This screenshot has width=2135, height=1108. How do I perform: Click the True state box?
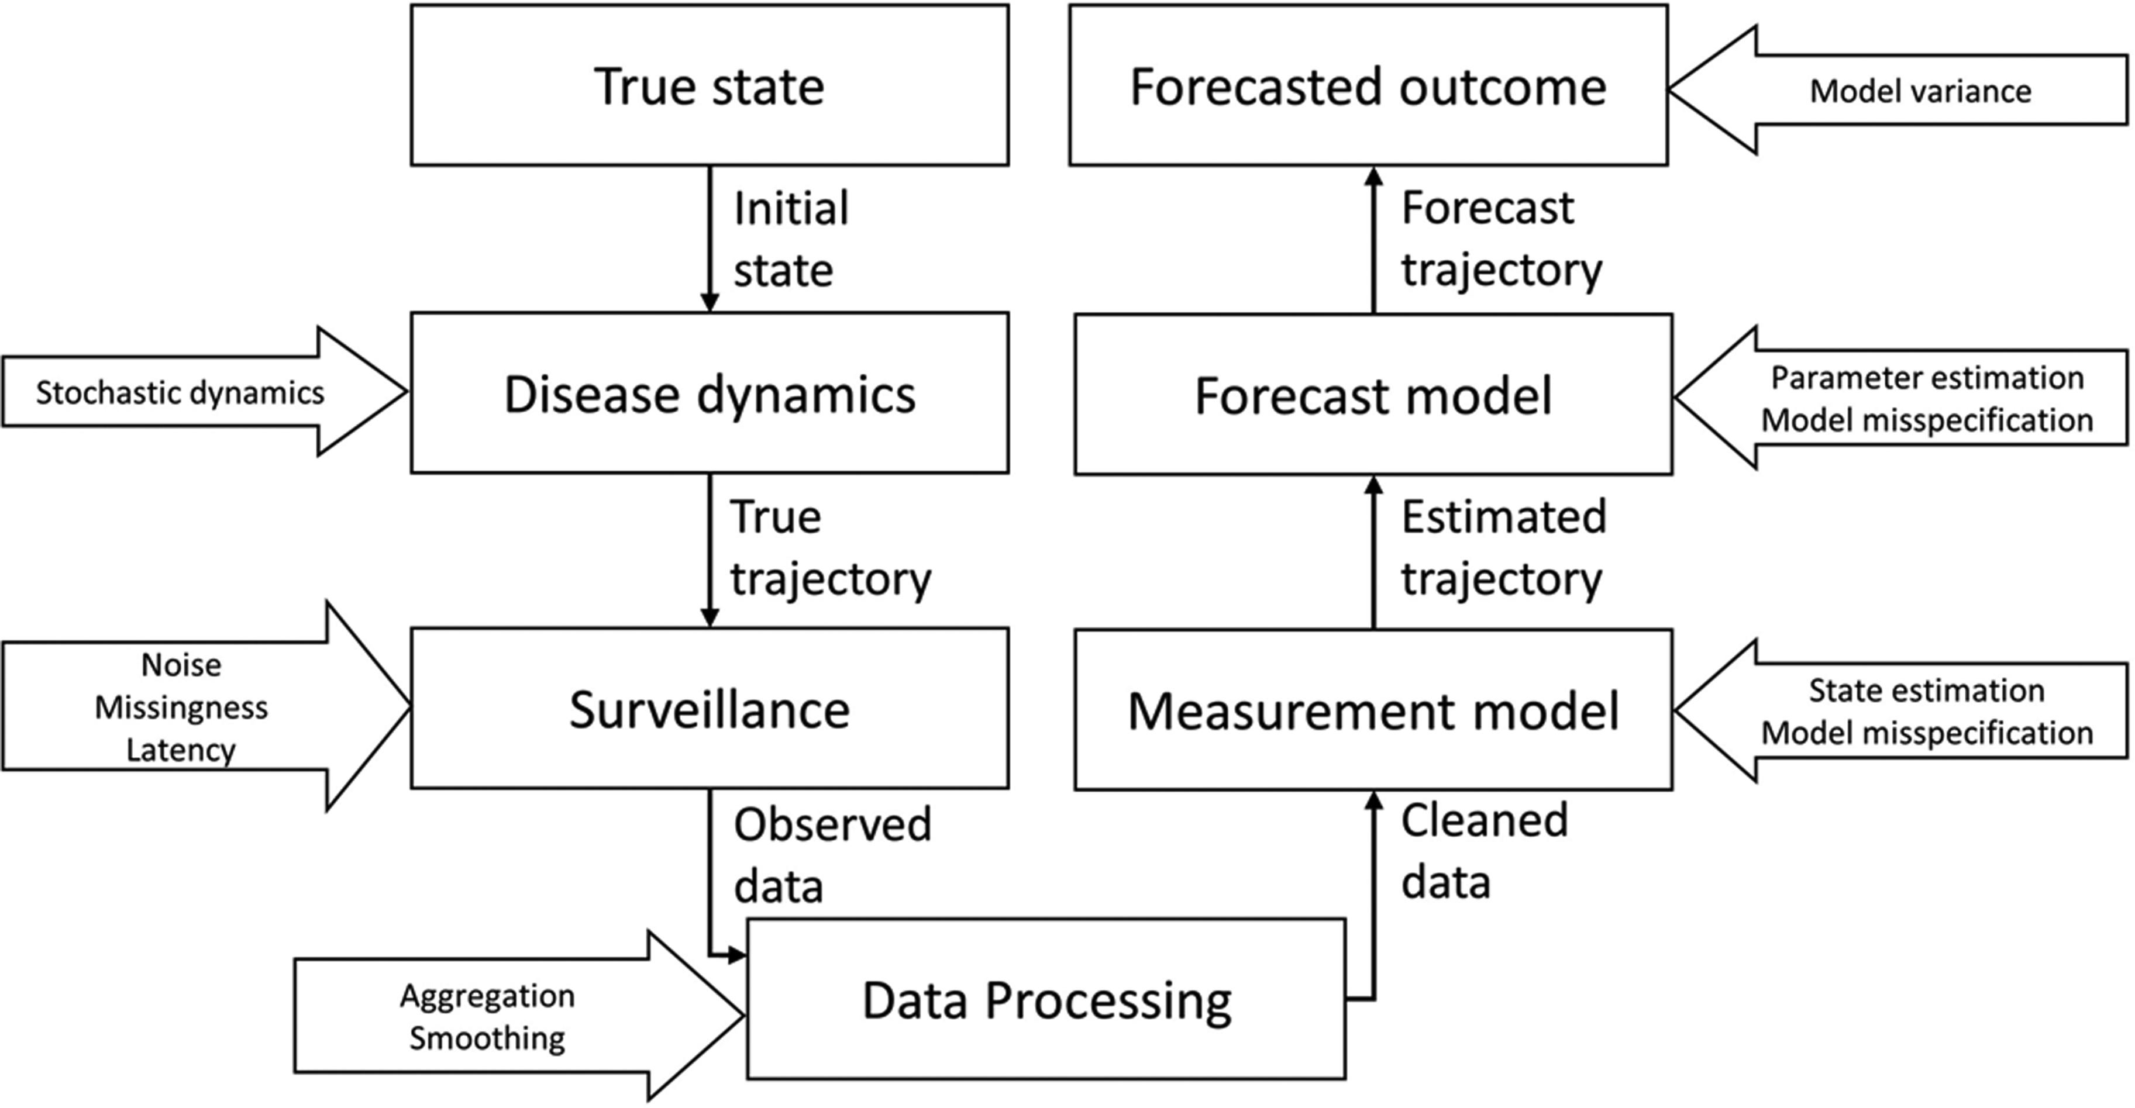pyautogui.click(x=710, y=85)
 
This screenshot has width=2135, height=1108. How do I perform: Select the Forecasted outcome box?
pyautogui.click(x=1368, y=85)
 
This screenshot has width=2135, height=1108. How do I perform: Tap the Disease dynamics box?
pyautogui.click(x=710, y=393)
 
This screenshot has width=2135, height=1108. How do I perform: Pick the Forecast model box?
pyautogui.click(x=1373, y=395)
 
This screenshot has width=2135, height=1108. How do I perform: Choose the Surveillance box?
pyautogui.click(x=710, y=707)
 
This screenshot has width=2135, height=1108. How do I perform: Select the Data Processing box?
pyautogui.click(x=1046, y=999)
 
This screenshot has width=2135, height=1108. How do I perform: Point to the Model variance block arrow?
pyautogui.click(x=1898, y=90)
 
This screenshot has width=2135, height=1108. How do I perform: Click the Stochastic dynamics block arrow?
pyautogui.click(x=205, y=392)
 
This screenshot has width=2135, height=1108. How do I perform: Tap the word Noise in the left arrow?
pyautogui.click(x=181, y=665)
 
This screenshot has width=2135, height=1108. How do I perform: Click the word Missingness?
pyautogui.click(x=181, y=707)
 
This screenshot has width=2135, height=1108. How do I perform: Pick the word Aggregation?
pyautogui.click(x=487, y=995)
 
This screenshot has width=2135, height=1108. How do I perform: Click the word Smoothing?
pyautogui.click(x=487, y=1038)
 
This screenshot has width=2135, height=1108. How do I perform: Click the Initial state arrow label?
pyautogui.click(x=791, y=239)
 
